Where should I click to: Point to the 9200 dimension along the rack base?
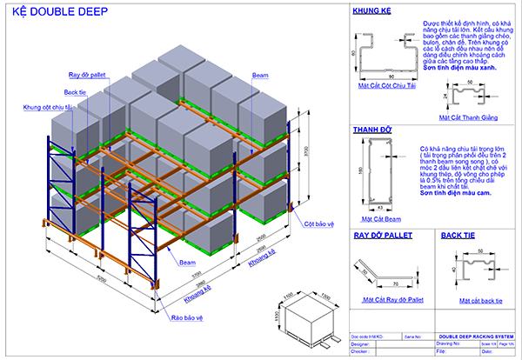(x=103, y=282)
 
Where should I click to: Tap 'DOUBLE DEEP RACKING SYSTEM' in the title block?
(x=475, y=335)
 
